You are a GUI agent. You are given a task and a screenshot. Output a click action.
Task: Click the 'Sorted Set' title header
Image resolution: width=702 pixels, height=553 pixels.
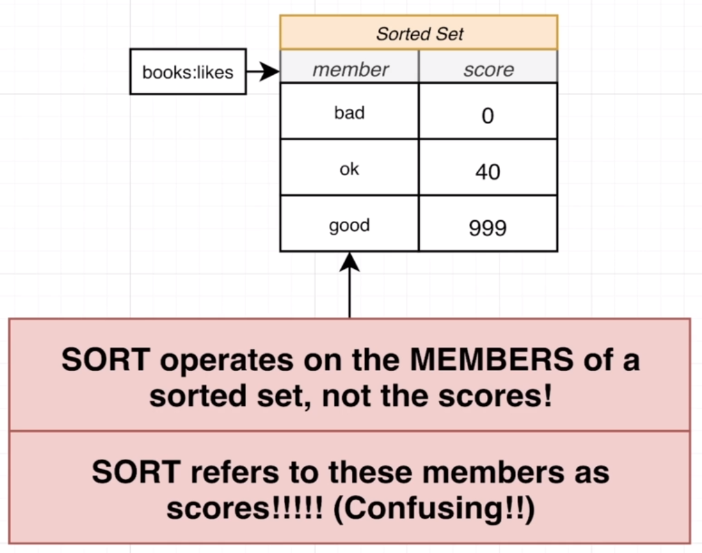pos(419,33)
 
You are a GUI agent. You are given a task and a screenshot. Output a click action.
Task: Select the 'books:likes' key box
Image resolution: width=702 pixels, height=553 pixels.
pos(188,71)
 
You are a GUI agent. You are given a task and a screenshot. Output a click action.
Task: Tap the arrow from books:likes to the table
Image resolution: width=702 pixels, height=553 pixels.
pos(262,71)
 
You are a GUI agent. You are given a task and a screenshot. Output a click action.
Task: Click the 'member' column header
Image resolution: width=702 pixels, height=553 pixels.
pos(350,70)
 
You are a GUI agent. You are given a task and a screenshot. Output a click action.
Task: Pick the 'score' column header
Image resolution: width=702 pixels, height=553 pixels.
pos(488,70)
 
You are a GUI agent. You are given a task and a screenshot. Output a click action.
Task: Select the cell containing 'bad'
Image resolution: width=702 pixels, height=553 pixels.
pos(349,112)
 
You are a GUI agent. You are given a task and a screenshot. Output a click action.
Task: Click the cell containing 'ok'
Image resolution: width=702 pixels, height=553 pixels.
pos(349,169)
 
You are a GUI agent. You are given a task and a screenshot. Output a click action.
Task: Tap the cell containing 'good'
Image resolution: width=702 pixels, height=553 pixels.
pos(349,225)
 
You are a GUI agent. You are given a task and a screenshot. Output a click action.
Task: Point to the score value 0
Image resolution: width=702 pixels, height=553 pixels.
pos(488,116)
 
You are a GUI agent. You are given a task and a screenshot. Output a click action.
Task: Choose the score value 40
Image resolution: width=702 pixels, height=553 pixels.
pos(488,172)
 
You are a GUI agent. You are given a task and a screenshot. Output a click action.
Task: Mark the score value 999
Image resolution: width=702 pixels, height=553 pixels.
pos(488,228)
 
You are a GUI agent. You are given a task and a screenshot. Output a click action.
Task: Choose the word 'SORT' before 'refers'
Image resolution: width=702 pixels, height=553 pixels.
pos(136,472)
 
